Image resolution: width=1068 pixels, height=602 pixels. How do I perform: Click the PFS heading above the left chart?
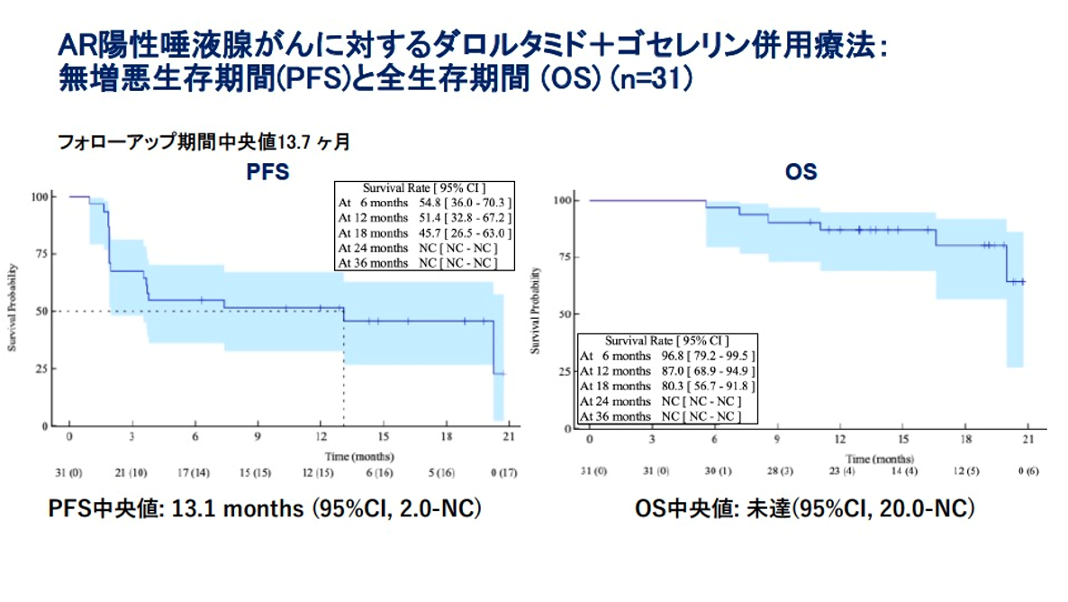click(x=267, y=171)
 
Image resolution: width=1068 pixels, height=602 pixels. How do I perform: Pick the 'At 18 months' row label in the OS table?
click(x=615, y=386)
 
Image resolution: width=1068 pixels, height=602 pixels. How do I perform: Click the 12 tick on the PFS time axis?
click(x=321, y=436)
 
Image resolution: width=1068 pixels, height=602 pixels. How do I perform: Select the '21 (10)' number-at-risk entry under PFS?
click(x=132, y=472)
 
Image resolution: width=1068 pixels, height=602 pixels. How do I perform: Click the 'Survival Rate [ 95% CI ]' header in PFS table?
click(x=413, y=188)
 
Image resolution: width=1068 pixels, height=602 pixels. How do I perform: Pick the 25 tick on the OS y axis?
click(x=564, y=371)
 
